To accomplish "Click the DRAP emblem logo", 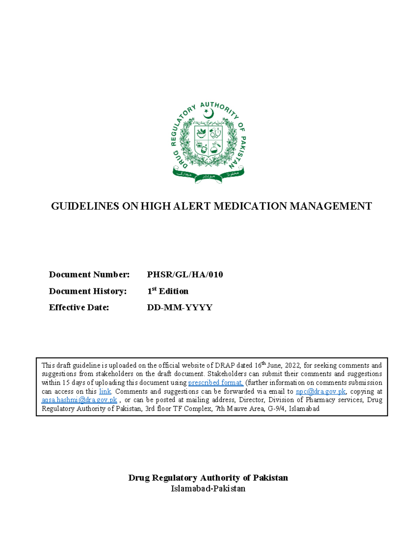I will tap(208, 143).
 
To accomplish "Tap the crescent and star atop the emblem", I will tap(208, 113).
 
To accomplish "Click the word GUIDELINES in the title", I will tap(85, 206).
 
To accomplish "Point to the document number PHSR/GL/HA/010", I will tap(185, 275).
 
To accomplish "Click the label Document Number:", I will tap(89, 275).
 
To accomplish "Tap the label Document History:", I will tap(88, 291).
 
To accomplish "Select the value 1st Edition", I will tap(168, 291).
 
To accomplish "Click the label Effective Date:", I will tap(79, 307).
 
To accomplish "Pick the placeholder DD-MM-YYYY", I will tap(180, 307).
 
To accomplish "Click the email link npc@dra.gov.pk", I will tap(320, 392).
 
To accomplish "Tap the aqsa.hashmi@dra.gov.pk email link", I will tap(79, 400).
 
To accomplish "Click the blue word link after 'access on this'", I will tap(105, 392).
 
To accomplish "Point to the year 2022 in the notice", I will tap(292, 365).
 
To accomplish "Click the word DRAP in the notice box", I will tap(225, 365).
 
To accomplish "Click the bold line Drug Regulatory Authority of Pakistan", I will tap(208, 478).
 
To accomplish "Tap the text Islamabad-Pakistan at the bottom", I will tap(208, 489).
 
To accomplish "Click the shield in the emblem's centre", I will tap(208, 141).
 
